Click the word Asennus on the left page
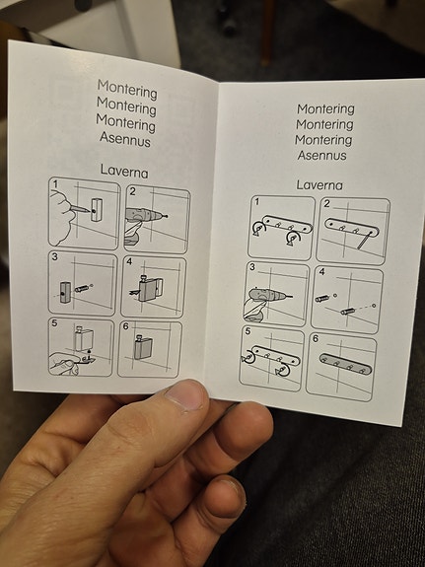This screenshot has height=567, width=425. coord(125,139)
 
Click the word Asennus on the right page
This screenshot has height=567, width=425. coord(321,156)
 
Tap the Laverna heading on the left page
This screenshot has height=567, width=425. coord(124,171)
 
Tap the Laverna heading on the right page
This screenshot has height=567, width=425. coord(319,185)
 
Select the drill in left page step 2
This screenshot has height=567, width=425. coord(146,216)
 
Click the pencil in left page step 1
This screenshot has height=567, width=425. coord(80,208)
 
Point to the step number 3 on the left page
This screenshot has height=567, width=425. coord(54,256)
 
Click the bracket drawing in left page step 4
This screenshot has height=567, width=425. coord(148,288)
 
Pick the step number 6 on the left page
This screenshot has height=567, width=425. coord(125,326)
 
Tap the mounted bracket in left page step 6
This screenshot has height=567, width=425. coord(143,347)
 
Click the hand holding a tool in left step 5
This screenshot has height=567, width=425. coord(64,364)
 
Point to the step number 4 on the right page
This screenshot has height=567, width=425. coord(321,271)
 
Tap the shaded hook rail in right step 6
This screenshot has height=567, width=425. coord(345,364)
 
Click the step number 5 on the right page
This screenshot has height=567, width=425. coord(248,331)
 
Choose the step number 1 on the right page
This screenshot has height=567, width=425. coord(257,201)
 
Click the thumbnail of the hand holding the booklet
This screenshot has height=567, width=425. coord(185,395)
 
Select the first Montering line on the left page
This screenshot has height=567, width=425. coord(127,90)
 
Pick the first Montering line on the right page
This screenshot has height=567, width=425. coord(325,109)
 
